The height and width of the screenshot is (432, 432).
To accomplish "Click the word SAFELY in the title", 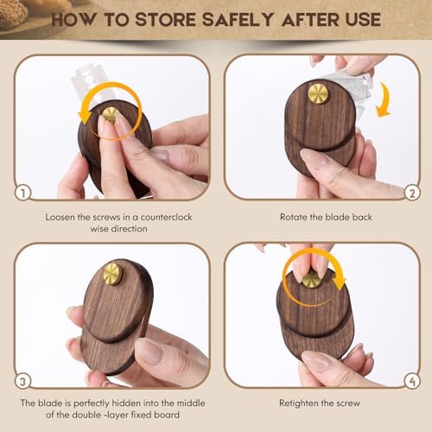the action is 238,20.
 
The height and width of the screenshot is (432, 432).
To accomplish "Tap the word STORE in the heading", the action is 165,20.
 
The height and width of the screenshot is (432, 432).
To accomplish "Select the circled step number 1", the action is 23,193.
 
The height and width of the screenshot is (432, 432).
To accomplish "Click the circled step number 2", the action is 412,193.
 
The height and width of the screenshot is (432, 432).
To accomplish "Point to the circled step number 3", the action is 23,381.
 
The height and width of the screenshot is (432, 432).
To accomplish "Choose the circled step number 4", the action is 412,381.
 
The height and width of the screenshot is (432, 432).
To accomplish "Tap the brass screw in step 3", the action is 112,274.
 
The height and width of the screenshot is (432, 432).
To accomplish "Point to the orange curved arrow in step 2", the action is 385,99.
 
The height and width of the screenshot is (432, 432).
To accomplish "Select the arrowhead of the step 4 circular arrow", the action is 340,283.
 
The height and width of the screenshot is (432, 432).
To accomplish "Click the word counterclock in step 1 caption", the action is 166,217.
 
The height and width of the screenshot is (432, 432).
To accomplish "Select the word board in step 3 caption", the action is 167,415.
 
